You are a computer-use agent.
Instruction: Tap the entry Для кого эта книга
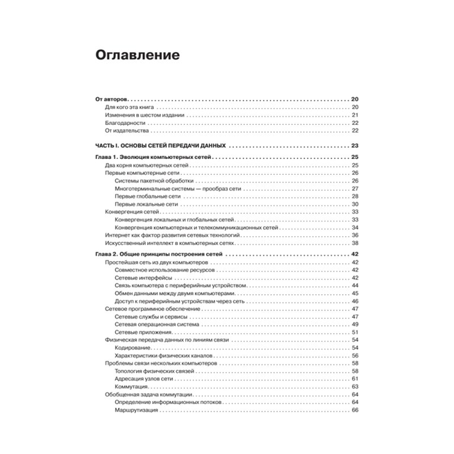130,107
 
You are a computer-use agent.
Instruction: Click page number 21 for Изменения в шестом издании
355,115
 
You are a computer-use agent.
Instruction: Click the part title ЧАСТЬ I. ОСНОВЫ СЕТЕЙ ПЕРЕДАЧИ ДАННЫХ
161,145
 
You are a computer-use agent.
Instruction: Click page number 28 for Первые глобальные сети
355,196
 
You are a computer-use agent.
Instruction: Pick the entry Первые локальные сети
146,204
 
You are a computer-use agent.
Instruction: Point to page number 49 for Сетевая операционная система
355,324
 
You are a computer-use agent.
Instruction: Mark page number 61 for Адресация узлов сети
355,379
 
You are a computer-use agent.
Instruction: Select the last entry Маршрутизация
134,409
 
